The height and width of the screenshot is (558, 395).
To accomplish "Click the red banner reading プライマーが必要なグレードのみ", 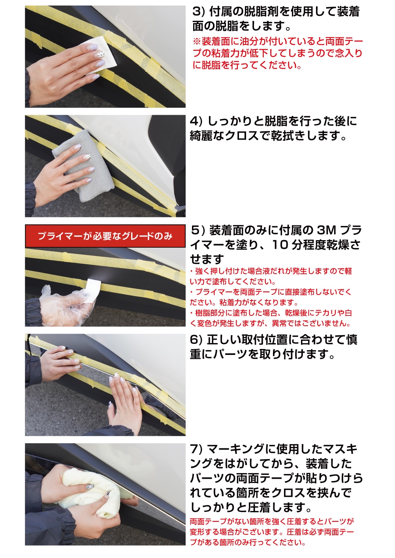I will click(x=105, y=236).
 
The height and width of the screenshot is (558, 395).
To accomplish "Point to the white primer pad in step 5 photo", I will click(x=93, y=289).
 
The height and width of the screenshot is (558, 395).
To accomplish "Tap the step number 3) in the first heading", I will click(x=198, y=12).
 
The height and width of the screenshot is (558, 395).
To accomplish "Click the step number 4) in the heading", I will click(x=196, y=121).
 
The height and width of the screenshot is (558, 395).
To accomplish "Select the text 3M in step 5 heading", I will click(x=326, y=230).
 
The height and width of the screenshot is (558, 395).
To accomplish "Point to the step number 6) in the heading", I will click(x=196, y=340).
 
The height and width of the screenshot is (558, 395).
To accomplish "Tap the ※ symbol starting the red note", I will click(x=196, y=41).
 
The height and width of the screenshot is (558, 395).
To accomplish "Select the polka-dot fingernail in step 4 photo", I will click(x=87, y=157).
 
